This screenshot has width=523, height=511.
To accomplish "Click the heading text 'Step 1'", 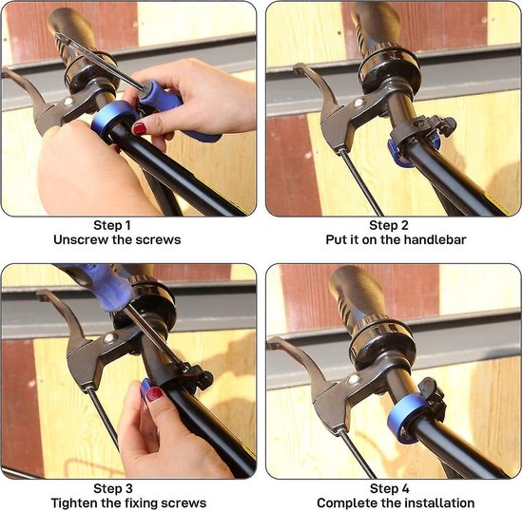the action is (112, 225).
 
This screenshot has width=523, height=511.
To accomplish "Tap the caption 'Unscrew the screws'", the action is (117, 240).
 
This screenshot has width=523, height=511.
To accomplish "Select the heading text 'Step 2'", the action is (389, 225).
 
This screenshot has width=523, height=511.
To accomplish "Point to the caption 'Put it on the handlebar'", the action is (396, 240).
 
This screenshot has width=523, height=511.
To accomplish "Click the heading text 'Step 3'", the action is (113, 489).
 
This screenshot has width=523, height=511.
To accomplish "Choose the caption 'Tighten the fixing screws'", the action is (128, 503).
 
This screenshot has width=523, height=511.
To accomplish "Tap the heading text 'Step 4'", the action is (389, 489).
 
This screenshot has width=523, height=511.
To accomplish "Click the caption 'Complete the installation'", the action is (396, 503).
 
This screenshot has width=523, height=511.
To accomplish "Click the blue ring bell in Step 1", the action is (112, 120).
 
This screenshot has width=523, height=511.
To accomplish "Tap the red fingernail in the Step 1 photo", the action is (140, 128).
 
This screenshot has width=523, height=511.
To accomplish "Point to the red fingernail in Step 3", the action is (154, 394).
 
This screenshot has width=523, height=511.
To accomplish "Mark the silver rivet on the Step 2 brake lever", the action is (358, 103).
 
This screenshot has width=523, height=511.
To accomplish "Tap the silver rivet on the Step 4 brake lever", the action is (353, 380).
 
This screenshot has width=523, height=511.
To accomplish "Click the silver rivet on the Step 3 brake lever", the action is (108, 339).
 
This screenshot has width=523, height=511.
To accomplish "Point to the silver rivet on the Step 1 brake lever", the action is (68, 102).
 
